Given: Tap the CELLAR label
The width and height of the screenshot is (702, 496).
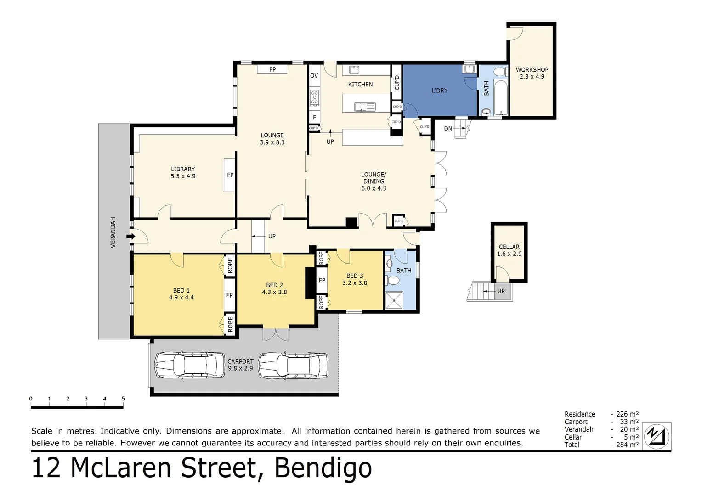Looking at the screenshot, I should [x=509, y=247].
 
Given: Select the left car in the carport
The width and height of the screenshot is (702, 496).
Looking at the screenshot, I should [x=189, y=366].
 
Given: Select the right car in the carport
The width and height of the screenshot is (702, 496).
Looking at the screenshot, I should [x=293, y=366].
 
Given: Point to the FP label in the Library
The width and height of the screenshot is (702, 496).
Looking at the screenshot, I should [x=230, y=175].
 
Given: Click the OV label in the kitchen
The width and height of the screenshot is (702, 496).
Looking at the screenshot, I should [x=314, y=76].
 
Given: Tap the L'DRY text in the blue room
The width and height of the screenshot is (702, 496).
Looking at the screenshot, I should [x=439, y=90].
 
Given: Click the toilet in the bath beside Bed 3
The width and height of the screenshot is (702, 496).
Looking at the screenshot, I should [x=393, y=280].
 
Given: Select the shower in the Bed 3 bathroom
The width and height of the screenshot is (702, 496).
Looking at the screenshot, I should [x=393, y=301].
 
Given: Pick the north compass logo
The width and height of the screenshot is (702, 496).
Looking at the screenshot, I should [x=657, y=436].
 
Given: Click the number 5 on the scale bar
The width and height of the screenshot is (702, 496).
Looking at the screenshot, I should [x=123, y=399].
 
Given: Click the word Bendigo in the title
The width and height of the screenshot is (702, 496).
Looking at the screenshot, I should [x=323, y=468].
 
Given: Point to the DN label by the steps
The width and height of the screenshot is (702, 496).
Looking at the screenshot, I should [x=448, y=129].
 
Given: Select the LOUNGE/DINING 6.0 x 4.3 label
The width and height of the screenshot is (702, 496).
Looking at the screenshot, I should [x=374, y=181].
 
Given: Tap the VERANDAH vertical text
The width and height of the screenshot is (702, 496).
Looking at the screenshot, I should [x=113, y=232].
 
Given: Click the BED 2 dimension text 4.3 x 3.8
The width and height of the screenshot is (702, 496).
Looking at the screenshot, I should [x=274, y=292].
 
